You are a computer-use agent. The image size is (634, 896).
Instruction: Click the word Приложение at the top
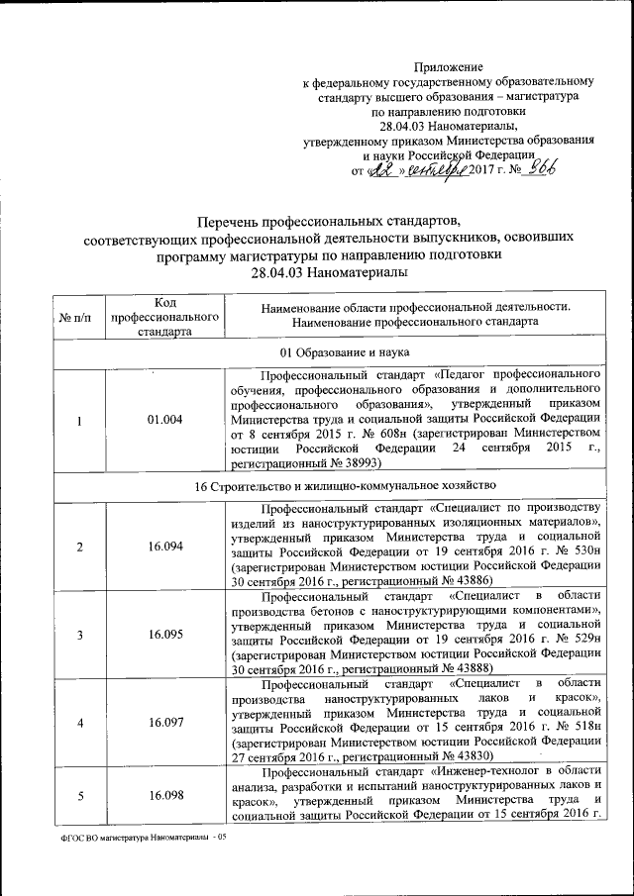point(448,64)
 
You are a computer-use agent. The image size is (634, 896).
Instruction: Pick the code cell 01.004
point(165,420)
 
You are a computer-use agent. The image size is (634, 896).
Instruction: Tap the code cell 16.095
point(165,634)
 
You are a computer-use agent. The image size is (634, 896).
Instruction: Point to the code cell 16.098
point(165,795)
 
